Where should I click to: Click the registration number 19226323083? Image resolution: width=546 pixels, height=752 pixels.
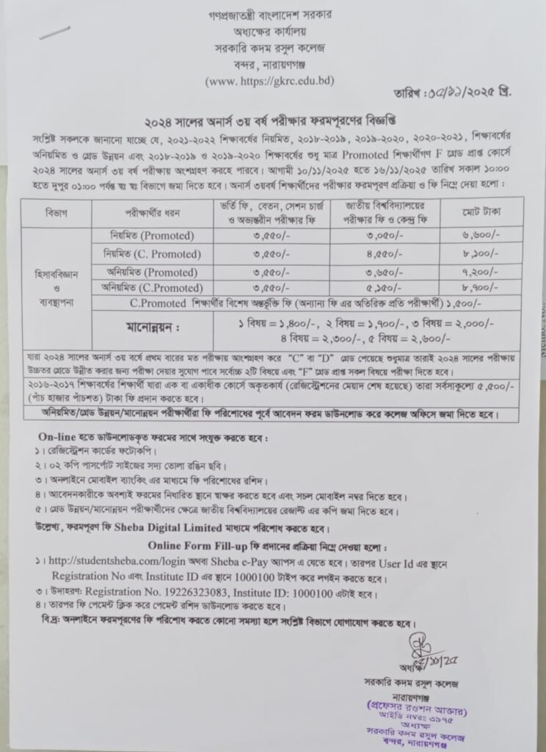pos(217,592)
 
